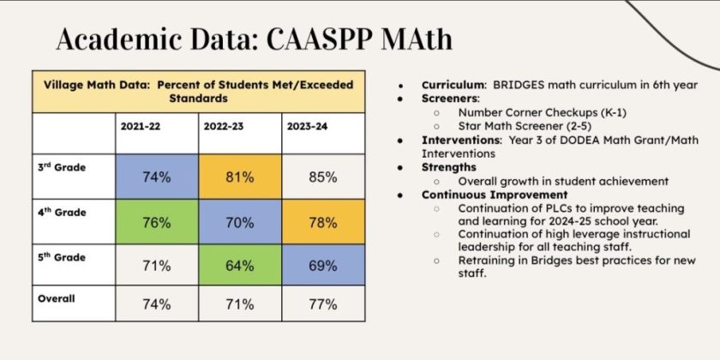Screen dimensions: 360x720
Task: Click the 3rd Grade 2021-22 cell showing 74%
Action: (x=156, y=177)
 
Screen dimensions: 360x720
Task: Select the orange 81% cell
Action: (x=240, y=177)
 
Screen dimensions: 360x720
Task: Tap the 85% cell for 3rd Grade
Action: (x=323, y=177)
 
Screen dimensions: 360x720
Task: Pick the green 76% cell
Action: (x=156, y=222)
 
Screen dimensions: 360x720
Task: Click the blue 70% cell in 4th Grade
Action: (x=240, y=222)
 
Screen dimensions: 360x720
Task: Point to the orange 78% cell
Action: (x=323, y=222)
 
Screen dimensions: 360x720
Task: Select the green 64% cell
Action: (x=240, y=265)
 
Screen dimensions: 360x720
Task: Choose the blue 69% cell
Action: (x=323, y=265)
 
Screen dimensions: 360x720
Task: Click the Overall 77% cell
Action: (x=323, y=303)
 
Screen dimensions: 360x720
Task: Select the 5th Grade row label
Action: (x=62, y=255)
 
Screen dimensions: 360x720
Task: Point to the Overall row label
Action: (x=57, y=298)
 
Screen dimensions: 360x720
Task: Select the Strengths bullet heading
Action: (x=448, y=167)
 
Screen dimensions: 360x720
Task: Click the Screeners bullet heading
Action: (x=451, y=99)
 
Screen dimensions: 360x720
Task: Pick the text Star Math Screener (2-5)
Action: (x=522, y=126)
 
